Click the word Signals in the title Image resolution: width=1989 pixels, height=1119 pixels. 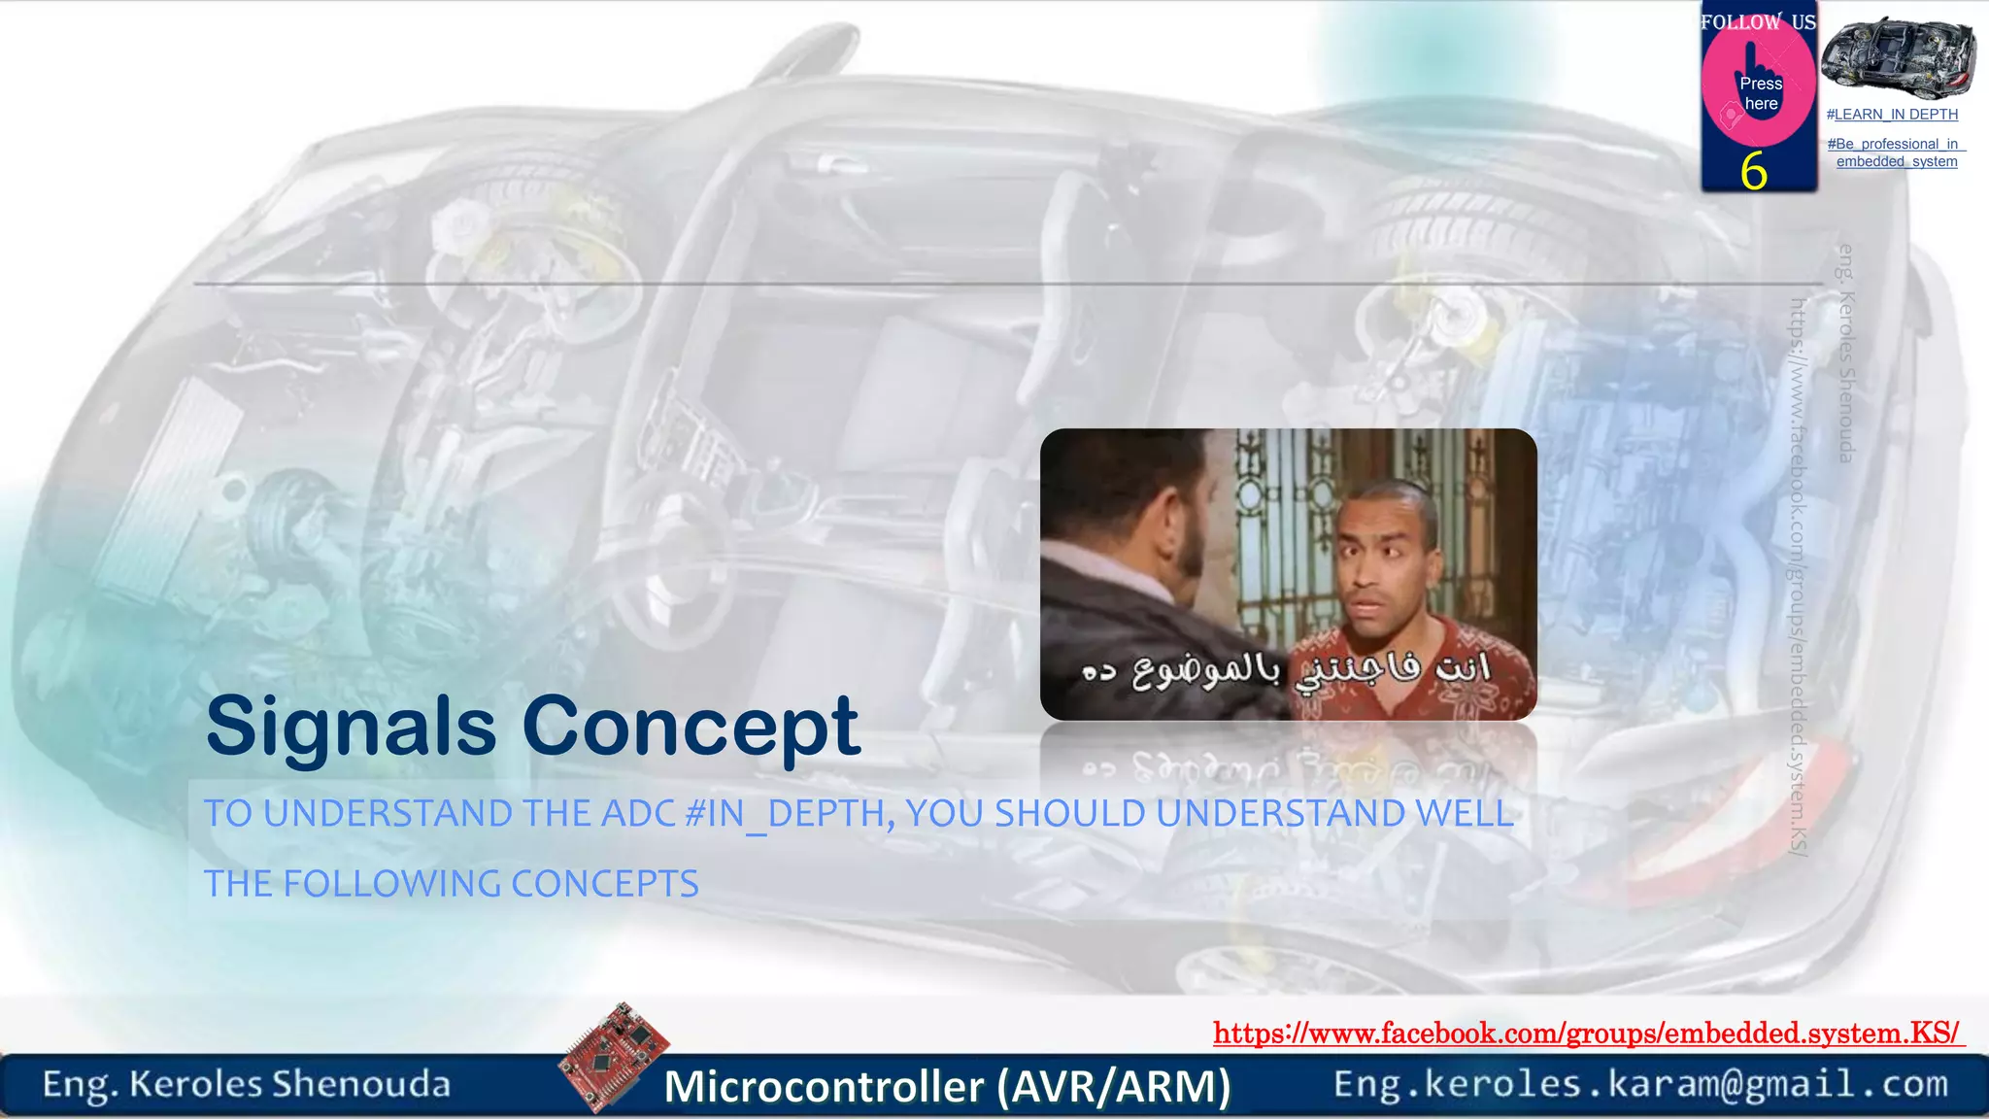351,727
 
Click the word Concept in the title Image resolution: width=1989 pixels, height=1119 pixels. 691,727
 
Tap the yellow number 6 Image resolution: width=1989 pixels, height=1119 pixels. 1753,172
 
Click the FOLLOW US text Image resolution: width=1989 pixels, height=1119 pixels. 1758,21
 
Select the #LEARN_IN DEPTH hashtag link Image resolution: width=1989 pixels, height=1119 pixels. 1892,115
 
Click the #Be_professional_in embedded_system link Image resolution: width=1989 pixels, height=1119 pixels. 1896,153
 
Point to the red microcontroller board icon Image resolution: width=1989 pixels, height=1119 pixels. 614,1056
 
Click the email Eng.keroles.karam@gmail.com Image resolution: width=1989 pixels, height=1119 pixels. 1640,1084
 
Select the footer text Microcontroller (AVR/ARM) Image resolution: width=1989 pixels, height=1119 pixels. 947,1086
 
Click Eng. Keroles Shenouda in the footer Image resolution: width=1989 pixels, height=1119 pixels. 247,1084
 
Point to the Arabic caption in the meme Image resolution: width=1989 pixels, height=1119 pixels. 1286,668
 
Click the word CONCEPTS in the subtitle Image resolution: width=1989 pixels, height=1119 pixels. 604,884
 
